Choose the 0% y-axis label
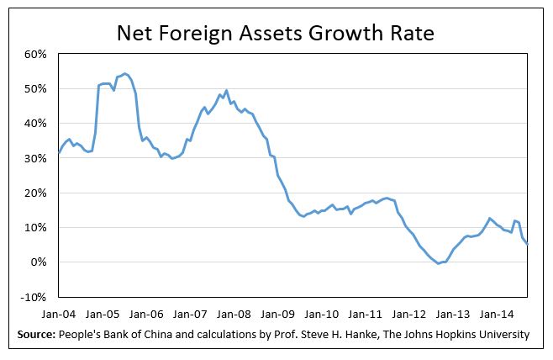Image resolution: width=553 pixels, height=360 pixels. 38,262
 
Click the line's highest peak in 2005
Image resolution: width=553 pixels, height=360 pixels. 124,73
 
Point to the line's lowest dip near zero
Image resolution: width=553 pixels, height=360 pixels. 438,263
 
